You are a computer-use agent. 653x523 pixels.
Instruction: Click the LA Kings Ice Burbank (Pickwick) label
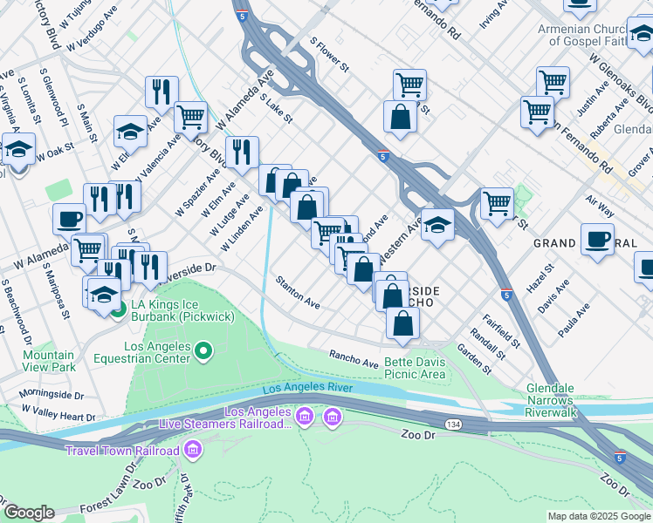tap(173, 311)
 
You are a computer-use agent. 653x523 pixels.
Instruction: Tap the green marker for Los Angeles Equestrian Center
tap(203, 351)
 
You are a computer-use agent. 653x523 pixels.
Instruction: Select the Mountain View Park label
tap(49, 361)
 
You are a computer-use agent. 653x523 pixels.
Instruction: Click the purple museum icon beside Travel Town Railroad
tap(193, 451)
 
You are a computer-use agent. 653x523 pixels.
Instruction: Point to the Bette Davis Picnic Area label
tap(415, 368)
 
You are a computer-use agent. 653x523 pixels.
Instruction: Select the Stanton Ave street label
tap(298, 292)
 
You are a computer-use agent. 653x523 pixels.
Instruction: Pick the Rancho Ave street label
tap(354, 357)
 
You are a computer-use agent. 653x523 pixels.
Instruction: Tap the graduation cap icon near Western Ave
tap(437, 224)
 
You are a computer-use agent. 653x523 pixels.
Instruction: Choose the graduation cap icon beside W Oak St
tap(18, 149)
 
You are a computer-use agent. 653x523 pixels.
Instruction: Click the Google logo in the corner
tap(29, 513)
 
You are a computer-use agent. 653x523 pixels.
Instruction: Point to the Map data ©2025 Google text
tap(599, 516)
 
